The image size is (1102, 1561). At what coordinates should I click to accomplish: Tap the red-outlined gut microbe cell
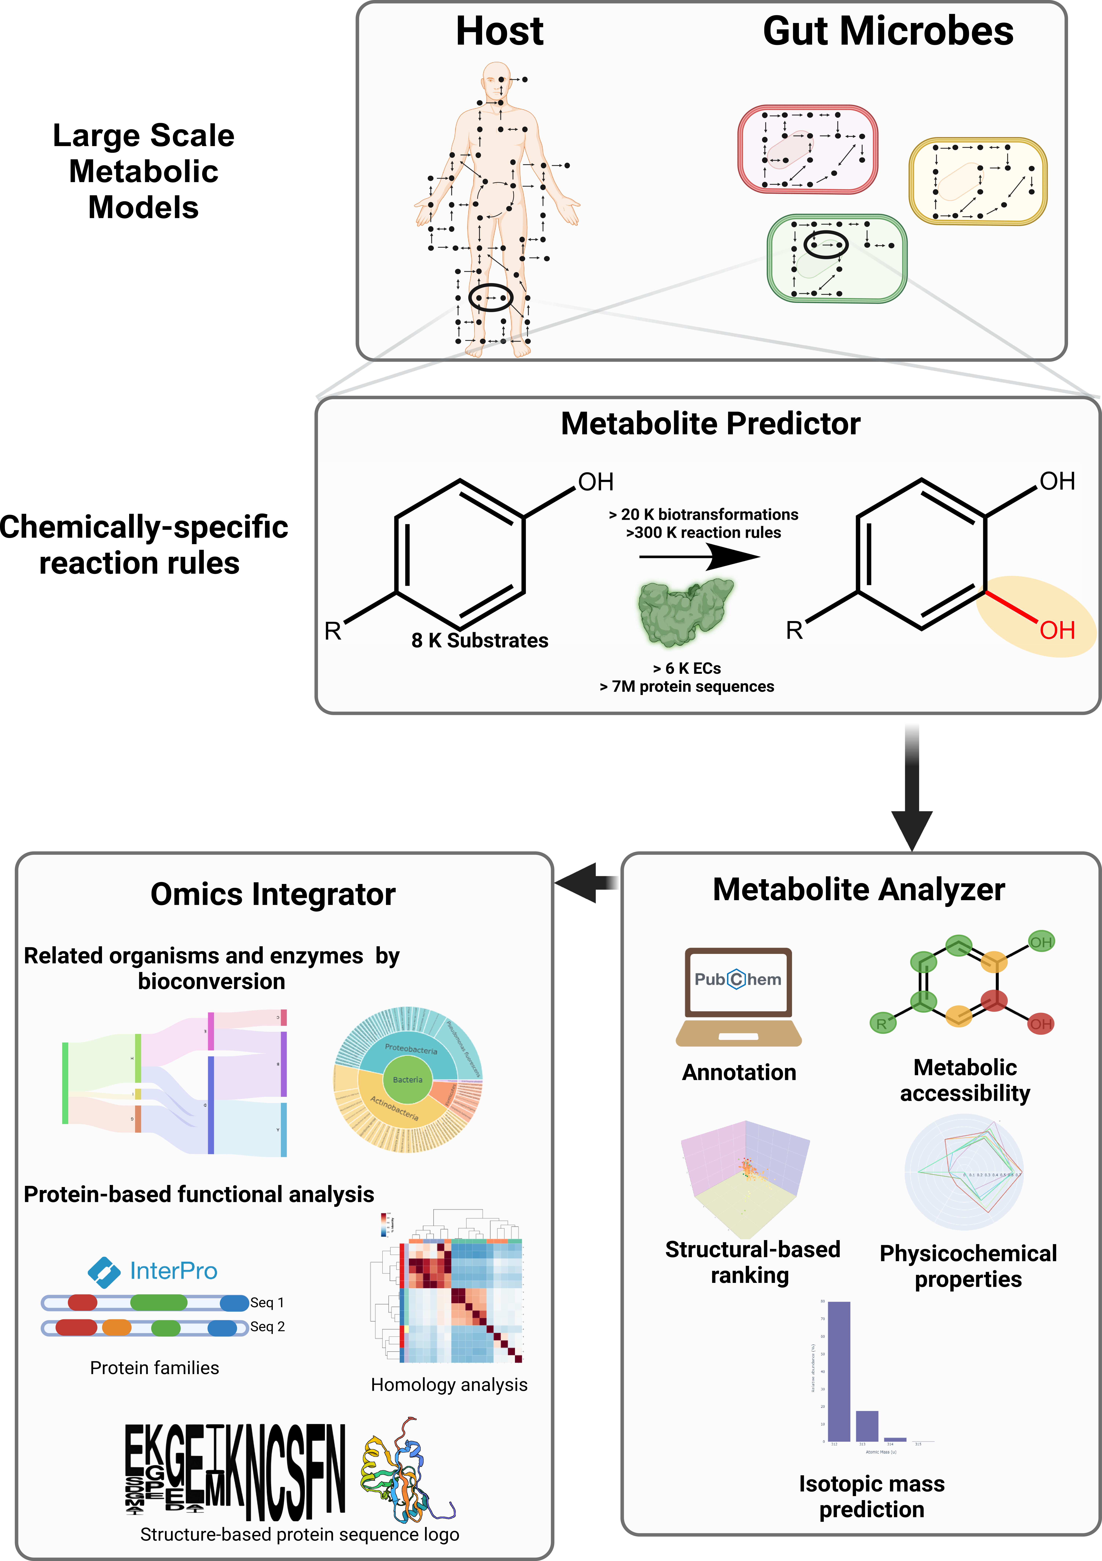pyautogui.click(x=808, y=150)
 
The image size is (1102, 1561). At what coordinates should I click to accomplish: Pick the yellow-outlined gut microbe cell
pyautogui.click(x=978, y=181)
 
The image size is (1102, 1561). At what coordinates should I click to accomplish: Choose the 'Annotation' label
pyautogui.click(x=739, y=1072)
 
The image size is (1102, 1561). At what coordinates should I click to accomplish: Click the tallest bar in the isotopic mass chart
pyautogui.click(x=839, y=1370)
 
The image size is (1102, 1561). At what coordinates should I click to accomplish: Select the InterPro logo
pyautogui.click(x=153, y=1271)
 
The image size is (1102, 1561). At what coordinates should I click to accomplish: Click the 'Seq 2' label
pyautogui.click(x=267, y=1327)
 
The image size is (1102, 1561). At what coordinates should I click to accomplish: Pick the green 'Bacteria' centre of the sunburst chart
pyautogui.click(x=407, y=1080)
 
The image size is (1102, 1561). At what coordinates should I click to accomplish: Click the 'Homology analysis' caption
pyautogui.click(x=449, y=1385)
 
